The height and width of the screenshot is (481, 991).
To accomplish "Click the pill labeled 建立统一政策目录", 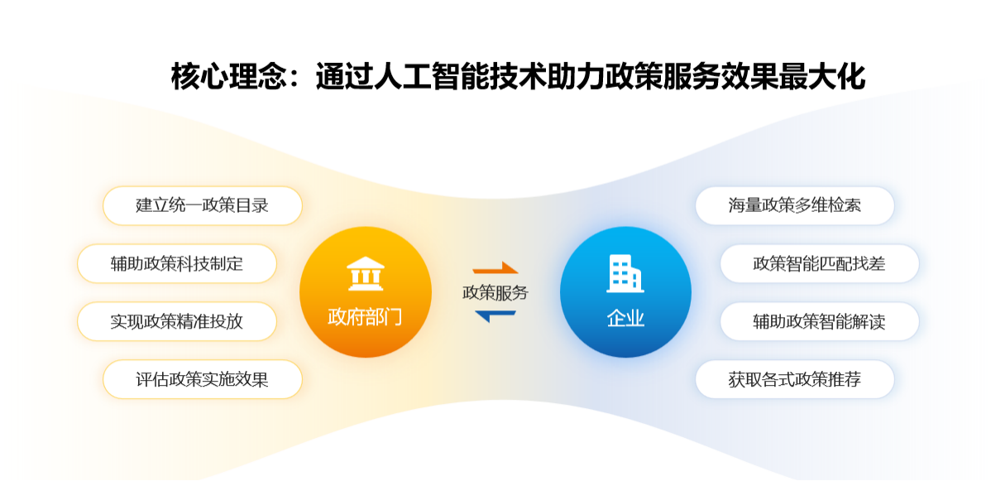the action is point(202,205).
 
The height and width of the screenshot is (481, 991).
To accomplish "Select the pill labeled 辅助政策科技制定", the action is point(177,263).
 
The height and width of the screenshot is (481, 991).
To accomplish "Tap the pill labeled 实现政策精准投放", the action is point(177,321).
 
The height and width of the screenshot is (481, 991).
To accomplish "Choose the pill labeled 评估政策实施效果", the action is point(202,379).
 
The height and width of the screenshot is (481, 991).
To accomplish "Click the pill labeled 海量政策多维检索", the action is point(794,205).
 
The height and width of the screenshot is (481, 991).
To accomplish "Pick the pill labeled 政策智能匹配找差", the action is point(820,263).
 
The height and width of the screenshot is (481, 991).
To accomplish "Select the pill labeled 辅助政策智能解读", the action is point(820,321).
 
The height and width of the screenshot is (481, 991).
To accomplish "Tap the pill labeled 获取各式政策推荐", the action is point(794,379).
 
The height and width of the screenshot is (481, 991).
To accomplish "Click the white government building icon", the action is point(366,273).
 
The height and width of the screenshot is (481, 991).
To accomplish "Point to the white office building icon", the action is point(625,273).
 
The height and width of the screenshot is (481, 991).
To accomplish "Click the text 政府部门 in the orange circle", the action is point(365,316).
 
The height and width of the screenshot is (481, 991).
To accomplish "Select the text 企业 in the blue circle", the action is point(625,317).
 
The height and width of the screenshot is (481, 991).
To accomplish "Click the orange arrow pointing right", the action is point(495,267).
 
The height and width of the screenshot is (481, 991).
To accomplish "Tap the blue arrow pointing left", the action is point(495,315).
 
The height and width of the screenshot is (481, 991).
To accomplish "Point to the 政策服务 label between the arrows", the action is point(495,292).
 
